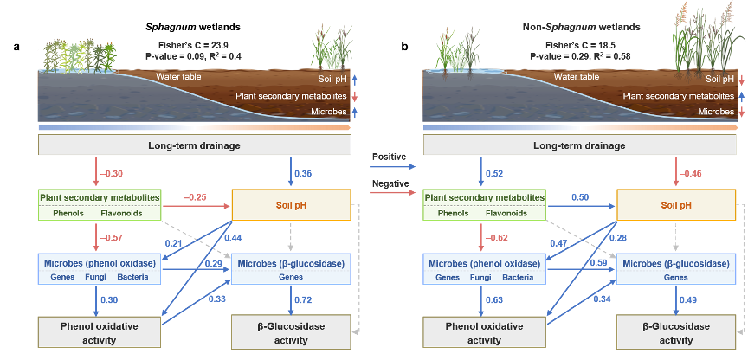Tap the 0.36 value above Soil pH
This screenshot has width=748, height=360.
[303, 173]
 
